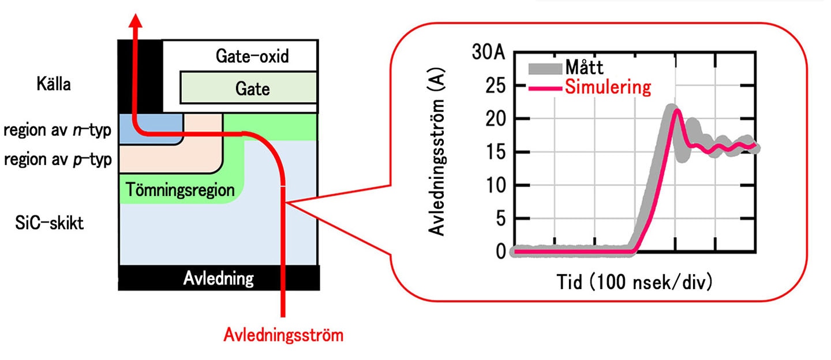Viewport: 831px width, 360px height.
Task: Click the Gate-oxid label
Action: [252, 57]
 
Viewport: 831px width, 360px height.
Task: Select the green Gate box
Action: [249, 88]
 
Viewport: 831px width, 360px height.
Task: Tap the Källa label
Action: [54, 84]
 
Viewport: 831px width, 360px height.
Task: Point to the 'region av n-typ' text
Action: [58, 130]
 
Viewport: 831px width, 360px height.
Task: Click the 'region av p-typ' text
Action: [58, 159]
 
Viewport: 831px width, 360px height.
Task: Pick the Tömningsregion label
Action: [180, 190]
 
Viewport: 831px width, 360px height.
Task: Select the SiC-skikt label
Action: [50, 223]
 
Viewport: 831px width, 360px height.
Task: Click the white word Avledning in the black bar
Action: [219, 278]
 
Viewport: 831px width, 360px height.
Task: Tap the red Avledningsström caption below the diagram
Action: [283, 335]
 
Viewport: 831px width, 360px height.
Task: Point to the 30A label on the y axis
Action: [489, 52]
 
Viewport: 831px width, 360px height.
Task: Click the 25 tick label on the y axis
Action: [496, 86]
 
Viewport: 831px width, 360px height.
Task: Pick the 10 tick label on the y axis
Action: [496, 185]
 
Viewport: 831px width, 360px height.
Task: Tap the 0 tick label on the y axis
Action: [501, 252]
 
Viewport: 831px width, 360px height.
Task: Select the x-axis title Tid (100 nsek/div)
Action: [634, 282]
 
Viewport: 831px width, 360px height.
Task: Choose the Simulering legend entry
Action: [590, 87]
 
